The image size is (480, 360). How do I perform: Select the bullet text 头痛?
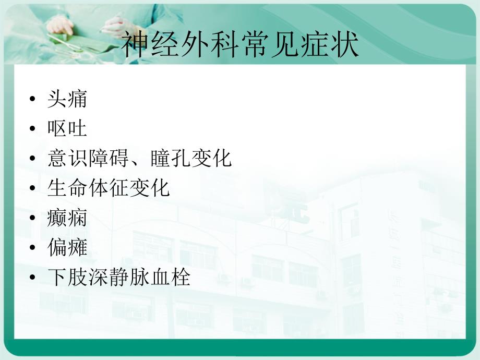pyautogui.click(x=67, y=99)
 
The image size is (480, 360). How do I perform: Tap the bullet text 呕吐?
pyautogui.click(x=67, y=128)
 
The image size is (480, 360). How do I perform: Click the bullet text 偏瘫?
pyautogui.click(x=67, y=248)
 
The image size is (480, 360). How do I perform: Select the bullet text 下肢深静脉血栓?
pyautogui.click(x=118, y=278)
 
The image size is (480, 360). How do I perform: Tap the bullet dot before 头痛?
pyautogui.click(x=34, y=99)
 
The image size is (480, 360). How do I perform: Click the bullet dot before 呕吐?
pyautogui.click(x=34, y=129)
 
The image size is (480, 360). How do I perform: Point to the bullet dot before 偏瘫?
pyautogui.click(x=34, y=248)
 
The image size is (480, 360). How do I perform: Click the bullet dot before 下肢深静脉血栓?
pyautogui.click(x=34, y=278)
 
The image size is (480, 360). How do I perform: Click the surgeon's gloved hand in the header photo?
pyautogui.click(x=61, y=23)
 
